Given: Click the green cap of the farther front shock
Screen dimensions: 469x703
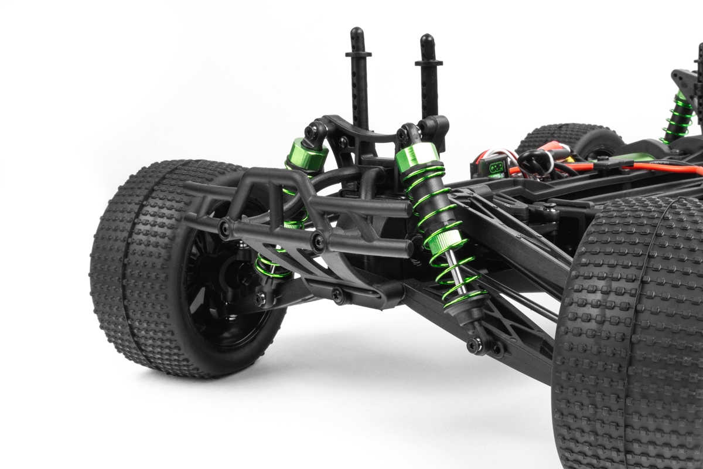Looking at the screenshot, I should click(306, 154).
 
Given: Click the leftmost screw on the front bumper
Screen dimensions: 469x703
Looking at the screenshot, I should click(225, 229).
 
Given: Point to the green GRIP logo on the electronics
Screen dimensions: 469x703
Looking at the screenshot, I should click(494, 166).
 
